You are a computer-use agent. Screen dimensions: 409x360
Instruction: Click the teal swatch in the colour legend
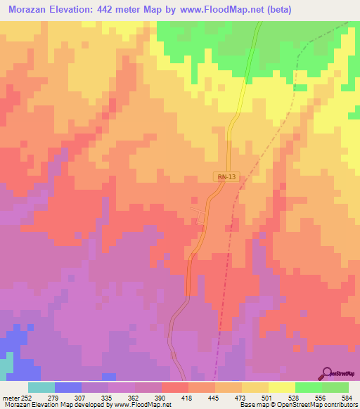(41, 387)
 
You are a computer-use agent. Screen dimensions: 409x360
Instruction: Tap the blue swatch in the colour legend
(67, 387)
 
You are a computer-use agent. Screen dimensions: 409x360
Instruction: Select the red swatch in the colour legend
(174, 387)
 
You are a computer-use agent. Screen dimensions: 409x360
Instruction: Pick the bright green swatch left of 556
(308, 387)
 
